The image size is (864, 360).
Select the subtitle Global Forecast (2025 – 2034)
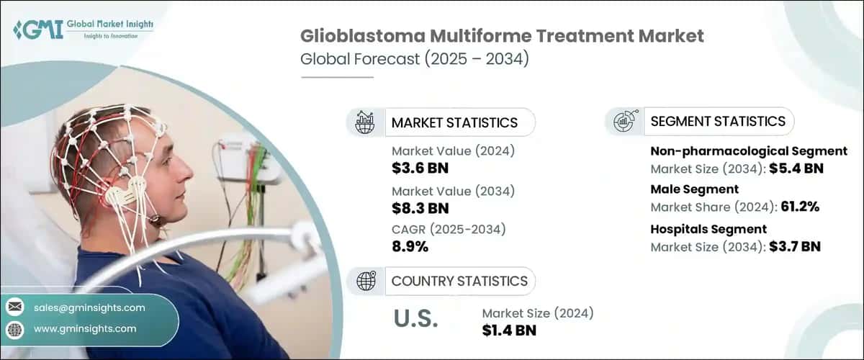point(415,59)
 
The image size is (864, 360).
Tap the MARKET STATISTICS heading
point(454,122)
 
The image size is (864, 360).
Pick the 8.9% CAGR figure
point(410,247)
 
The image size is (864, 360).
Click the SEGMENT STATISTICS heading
point(718,121)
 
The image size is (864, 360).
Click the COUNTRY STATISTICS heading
point(459,281)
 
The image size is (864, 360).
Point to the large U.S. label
point(415,319)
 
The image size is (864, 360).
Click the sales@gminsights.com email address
point(89,307)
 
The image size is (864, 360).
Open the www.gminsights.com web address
point(85,328)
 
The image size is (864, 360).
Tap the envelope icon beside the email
point(15,307)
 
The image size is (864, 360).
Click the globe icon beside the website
point(15,329)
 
